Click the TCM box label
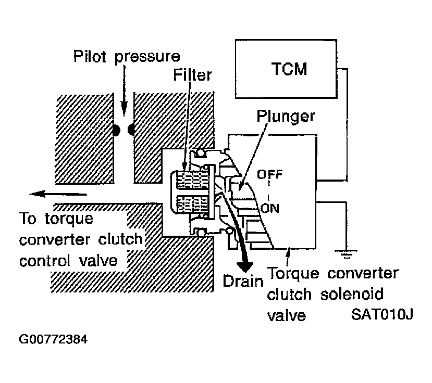point(289,69)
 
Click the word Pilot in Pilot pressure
point(90,56)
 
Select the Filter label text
point(193,75)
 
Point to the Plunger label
point(286,117)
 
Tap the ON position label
point(270,208)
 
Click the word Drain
point(243,281)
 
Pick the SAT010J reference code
point(382,314)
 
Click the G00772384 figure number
point(53,339)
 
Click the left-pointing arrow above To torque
point(58,194)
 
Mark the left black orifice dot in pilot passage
point(116,130)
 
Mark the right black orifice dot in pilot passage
point(131,130)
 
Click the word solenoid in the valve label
point(352,294)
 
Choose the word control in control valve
point(45,261)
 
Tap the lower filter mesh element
point(191,205)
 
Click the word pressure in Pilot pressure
point(147,57)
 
